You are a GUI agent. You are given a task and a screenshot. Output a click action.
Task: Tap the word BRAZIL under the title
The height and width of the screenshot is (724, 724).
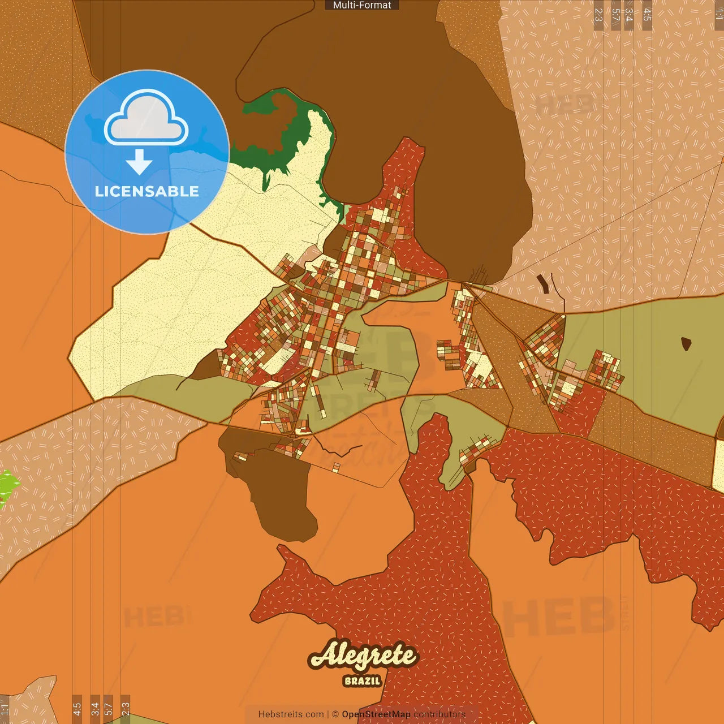tap(362, 681)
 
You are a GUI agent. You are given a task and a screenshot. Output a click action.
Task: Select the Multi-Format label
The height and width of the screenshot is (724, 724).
tap(362, 5)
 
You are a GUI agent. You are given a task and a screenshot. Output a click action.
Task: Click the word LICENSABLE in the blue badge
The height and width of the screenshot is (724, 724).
tap(147, 191)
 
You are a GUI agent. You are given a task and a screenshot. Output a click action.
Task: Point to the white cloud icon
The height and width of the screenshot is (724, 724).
tap(146, 118)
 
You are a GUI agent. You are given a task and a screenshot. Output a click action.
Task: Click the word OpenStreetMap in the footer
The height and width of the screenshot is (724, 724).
tap(376, 714)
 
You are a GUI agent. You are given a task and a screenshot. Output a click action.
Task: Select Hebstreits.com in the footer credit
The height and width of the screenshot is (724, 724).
tap(291, 714)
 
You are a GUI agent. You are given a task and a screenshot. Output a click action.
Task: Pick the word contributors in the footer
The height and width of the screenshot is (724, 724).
tap(439, 714)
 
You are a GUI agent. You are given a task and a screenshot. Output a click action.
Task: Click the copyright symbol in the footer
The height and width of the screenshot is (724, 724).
tap(335, 714)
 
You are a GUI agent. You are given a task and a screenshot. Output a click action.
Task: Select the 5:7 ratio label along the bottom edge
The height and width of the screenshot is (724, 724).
tap(108, 709)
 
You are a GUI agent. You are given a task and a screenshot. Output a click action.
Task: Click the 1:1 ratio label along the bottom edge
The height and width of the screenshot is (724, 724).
tap(5, 709)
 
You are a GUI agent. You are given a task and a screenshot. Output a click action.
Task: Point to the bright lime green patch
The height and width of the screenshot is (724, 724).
tap(8, 486)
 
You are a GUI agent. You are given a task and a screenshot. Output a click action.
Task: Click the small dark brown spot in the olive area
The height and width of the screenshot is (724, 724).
tap(686, 343)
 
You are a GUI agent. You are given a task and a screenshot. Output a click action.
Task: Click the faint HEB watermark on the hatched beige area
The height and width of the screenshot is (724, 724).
tap(566, 105)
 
